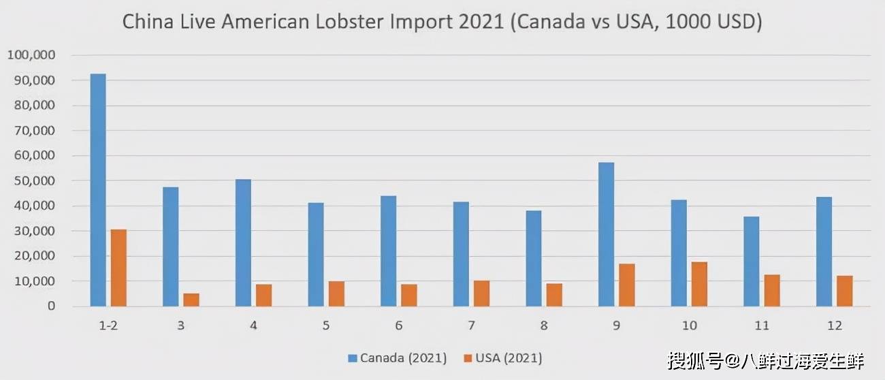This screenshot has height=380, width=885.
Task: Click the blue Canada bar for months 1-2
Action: tap(98, 190)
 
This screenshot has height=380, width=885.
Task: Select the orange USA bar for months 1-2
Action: tap(118, 268)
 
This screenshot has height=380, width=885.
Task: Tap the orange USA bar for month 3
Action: tap(191, 300)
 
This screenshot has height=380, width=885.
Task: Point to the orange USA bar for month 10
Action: tap(699, 284)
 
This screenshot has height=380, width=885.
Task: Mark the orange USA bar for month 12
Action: tap(844, 291)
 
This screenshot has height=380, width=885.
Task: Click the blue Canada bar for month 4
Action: tap(243, 242)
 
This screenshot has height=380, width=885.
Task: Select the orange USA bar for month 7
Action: tap(481, 294)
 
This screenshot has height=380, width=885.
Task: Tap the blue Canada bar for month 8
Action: tap(534, 258)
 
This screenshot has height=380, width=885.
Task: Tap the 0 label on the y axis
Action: tap(50, 306)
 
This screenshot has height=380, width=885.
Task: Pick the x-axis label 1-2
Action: tap(108, 326)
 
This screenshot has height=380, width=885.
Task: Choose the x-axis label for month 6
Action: tap(398, 326)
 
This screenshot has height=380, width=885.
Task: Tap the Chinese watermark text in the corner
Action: tap(765, 360)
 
